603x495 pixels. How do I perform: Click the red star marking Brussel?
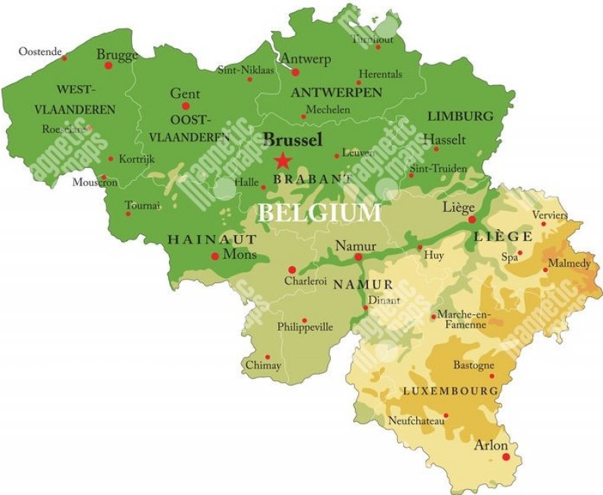[282, 160]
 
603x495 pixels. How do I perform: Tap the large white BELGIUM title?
[320, 213]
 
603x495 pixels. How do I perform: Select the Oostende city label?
[40, 51]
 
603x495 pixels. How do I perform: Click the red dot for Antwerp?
[295, 73]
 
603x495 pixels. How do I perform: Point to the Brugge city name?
[117, 55]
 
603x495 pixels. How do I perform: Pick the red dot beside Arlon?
[506, 457]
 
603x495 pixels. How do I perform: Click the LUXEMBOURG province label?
[451, 391]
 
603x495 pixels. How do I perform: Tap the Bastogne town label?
[473, 365]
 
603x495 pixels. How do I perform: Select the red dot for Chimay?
[267, 357]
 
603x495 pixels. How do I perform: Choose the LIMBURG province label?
[460, 116]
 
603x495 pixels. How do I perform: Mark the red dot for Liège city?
[472, 220]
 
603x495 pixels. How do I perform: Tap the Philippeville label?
[305, 327]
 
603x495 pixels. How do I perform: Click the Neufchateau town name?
[416, 420]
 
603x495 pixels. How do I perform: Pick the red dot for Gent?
[185, 106]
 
